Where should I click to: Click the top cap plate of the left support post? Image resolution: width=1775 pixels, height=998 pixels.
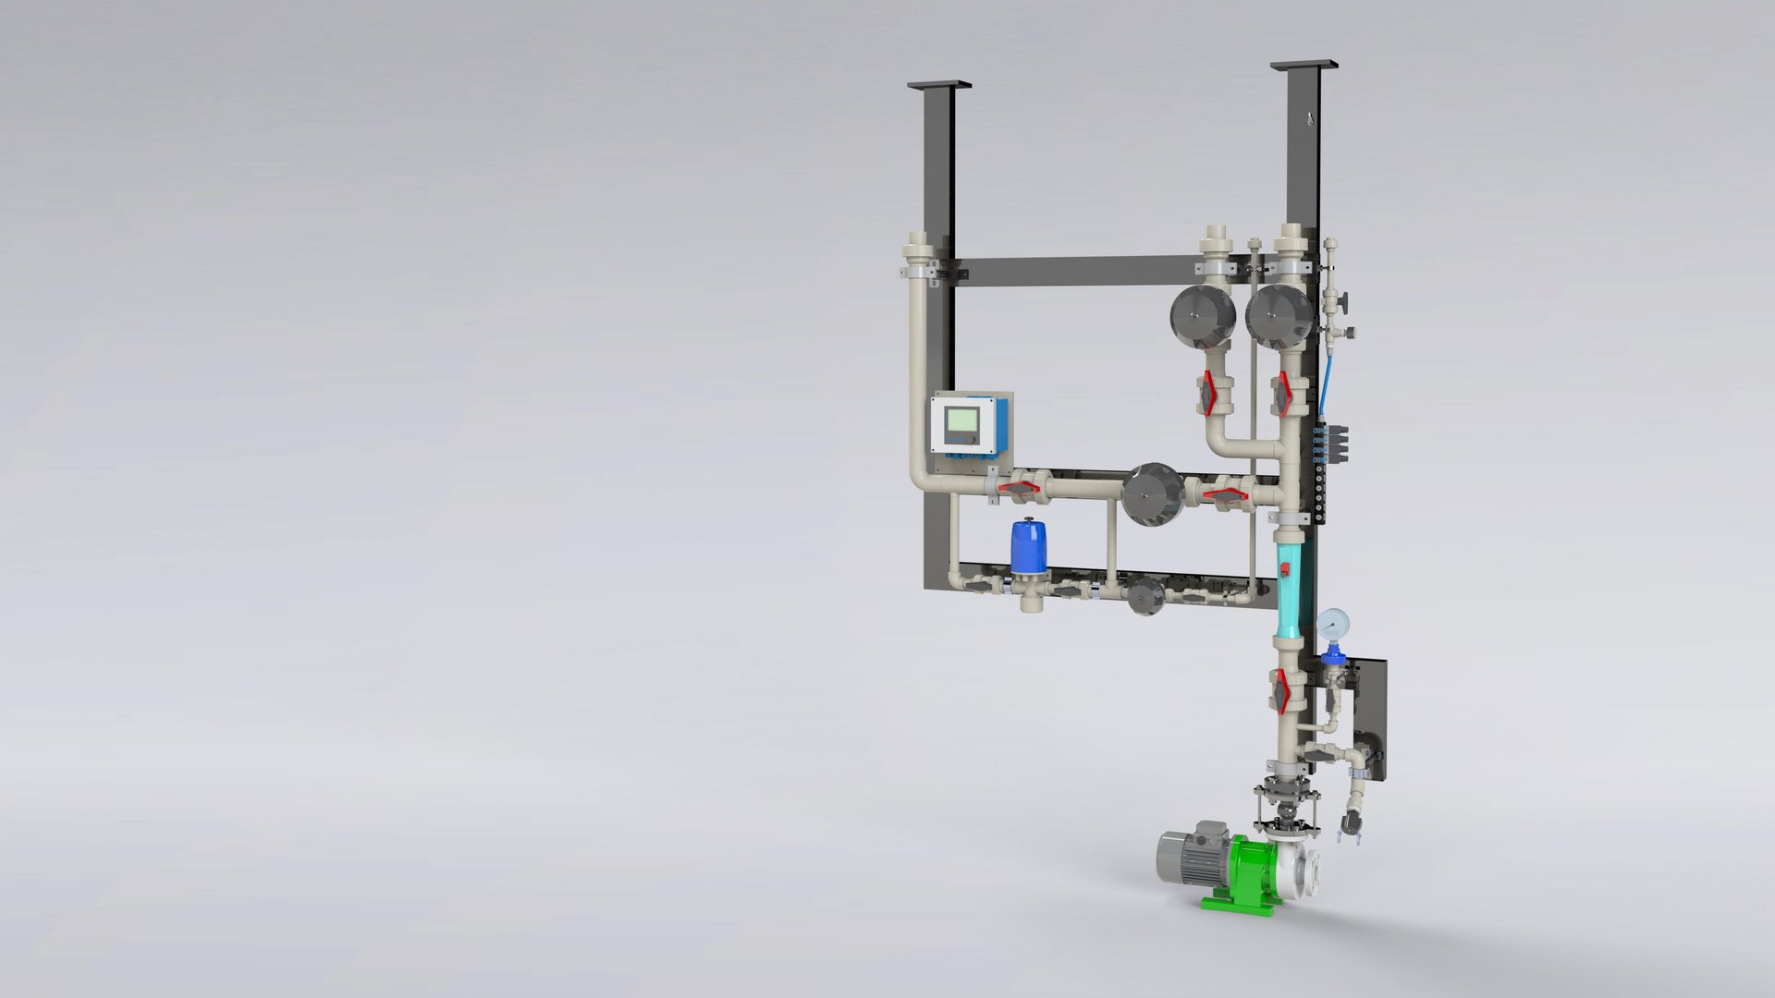[939, 84]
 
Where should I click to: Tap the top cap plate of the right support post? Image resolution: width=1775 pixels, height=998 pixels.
[1304, 65]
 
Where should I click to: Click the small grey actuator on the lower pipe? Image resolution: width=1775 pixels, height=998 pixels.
[1146, 596]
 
